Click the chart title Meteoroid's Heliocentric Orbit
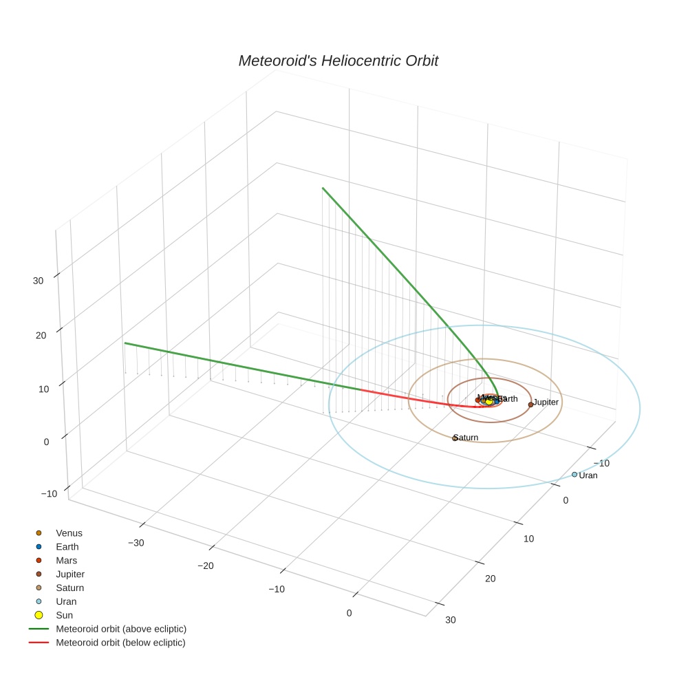coord(338,61)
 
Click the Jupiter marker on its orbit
coord(530,405)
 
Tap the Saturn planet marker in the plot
coord(455,438)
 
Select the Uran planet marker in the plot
coord(574,474)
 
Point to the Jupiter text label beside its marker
coord(546,402)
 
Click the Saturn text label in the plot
coord(466,438)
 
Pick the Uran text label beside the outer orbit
coord(588,475)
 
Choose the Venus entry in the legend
coord(69,533)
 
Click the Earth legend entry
coord(67,546)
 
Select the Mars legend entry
coord(66,560)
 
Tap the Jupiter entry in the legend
coord(70,574)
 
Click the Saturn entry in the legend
coord(69,588)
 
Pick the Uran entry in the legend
coord(66,601)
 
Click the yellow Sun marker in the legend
coord(39,615)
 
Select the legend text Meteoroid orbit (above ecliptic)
coord(121,629)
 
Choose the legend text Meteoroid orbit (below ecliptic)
coord(120,643)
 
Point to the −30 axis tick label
coord(136,543)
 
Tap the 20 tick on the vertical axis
coord(38,335)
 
